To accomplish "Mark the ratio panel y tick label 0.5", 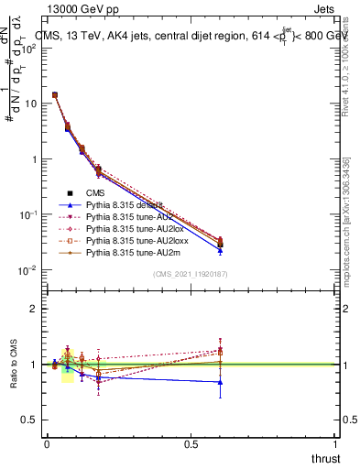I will click(x=29, y=420).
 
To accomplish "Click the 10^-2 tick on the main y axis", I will click(x=27, y=270).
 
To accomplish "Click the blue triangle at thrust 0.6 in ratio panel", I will click(x=220, y=382).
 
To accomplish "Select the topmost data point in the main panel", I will click(x=55, y=94).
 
